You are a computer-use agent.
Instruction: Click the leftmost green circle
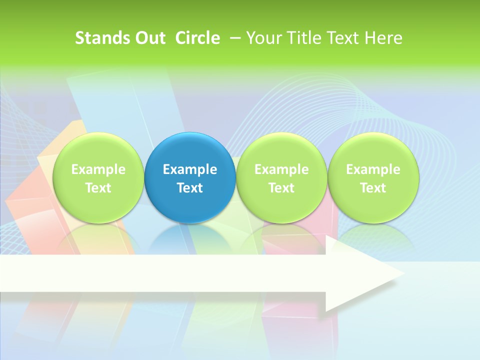point(98,150)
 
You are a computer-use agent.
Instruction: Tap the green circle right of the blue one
point(281,150)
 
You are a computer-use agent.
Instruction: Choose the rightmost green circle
point(373,150)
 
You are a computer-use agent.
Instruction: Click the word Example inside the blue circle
point(190,169)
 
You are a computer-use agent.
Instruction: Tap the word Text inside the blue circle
point(190,188)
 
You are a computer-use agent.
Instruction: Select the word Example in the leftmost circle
point(98,169)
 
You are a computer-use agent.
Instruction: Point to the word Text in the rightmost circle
point(373,188)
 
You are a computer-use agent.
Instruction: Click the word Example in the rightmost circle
point(373,169)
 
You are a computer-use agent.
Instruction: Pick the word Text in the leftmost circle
point(98,188)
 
